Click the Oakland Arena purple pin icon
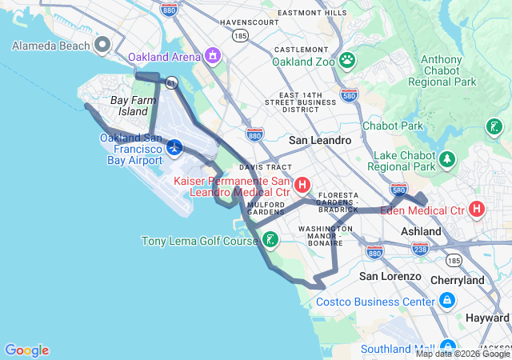(212, 56)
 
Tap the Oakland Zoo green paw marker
(347, 60)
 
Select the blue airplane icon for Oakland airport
(175, 147)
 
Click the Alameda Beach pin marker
(102, 46)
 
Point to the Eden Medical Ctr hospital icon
(477, 210)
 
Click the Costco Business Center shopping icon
(446, 302)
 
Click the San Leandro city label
(320, 140)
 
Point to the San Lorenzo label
(390, 276)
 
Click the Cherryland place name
(457, 281)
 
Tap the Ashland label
(421, 231)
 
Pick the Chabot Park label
(392, 126)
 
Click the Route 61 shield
(170, 82)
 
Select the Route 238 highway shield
(419, 249)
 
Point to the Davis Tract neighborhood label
(259, 167)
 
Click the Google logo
(26, 350)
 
